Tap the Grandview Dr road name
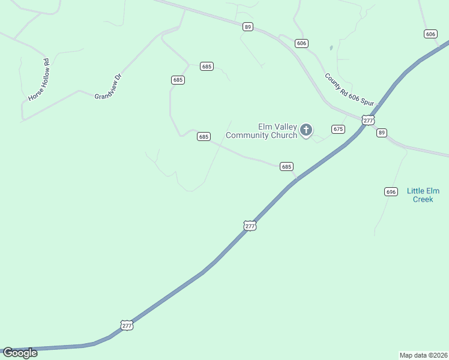point(108,86)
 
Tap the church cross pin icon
point(306,130)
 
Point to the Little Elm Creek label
point(423,195)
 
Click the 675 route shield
point(338,129)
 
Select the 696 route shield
point(391,191)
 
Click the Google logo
point(20,353)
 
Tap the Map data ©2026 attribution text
point(424,355)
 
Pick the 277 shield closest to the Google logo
point(127,325)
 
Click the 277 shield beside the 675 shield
point(369,120)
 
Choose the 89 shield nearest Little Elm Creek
point(382,133)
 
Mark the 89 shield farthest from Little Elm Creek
point(248,26)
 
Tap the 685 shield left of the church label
point(203,137)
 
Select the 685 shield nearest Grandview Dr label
point(177,80)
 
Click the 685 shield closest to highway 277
point(286,166)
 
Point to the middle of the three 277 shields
point(250,226)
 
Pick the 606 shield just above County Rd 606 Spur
point(301,43)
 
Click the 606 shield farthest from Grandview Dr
point(430,34)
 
